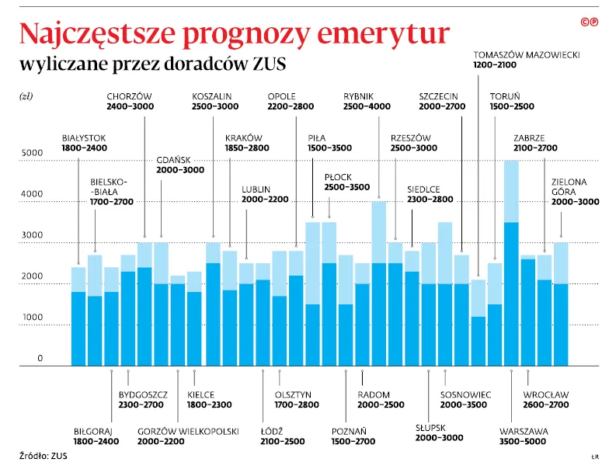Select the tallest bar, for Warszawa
pos(511,264)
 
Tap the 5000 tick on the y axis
pos(32,153)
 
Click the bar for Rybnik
pos(378,283)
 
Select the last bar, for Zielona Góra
pos(561,304)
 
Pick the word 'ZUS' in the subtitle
pos(270,64)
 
